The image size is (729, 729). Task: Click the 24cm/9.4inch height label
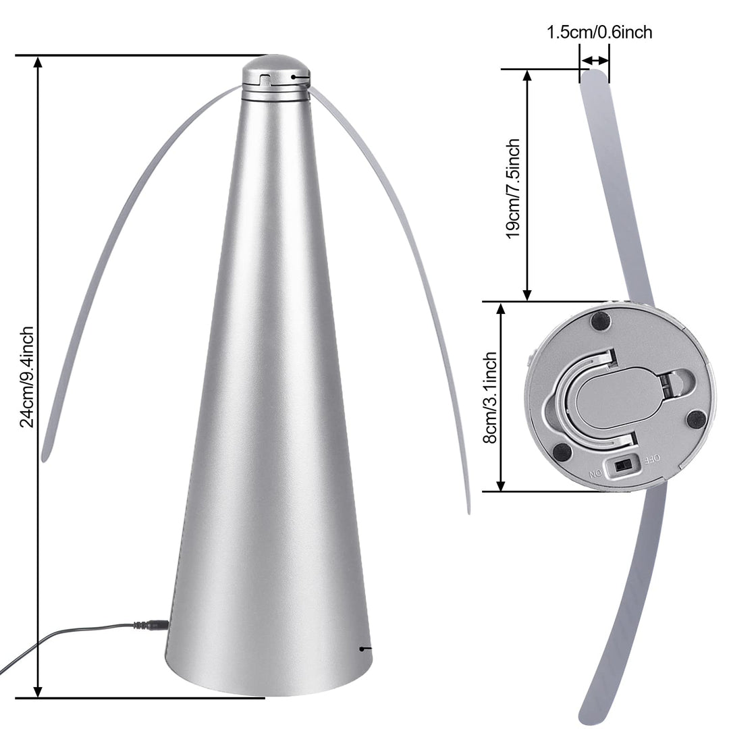tap(26, 377)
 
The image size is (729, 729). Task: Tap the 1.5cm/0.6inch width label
tap(599, 32)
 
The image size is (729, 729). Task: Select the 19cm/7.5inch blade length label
tap(513, 188)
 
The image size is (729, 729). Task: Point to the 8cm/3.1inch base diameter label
tap(491, 397)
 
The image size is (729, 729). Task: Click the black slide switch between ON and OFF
tap(622, 465)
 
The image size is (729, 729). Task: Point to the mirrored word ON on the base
tap(595, 474)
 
